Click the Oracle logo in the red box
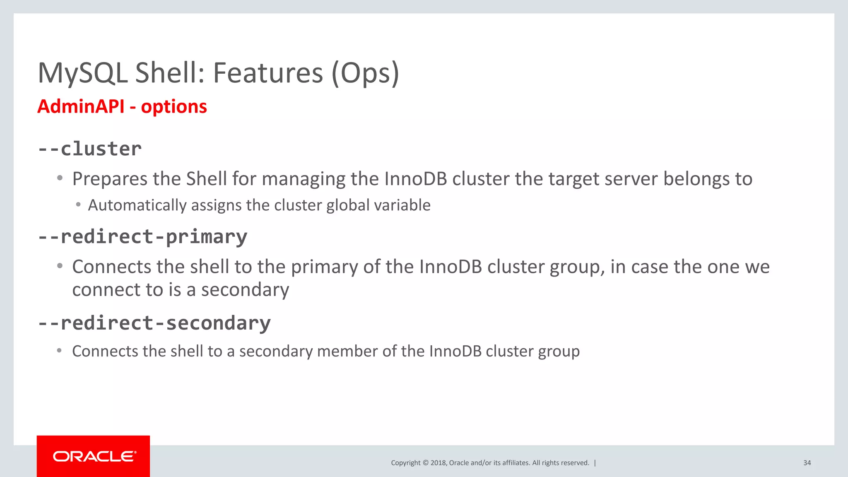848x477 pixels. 94,456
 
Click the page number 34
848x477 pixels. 807,463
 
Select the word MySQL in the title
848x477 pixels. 82,73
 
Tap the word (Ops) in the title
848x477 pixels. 365,73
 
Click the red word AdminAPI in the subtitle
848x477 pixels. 81,106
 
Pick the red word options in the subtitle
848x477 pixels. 174,107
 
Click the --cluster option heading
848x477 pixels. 90,149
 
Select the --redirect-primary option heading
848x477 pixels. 142,237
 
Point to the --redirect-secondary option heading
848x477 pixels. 154,323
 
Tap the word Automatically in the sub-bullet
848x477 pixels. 137,205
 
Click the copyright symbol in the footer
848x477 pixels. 425,463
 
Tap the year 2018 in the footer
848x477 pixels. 438,463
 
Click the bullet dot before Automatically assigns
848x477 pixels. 78,205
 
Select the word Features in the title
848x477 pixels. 268,73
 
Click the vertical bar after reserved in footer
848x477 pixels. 595,463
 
